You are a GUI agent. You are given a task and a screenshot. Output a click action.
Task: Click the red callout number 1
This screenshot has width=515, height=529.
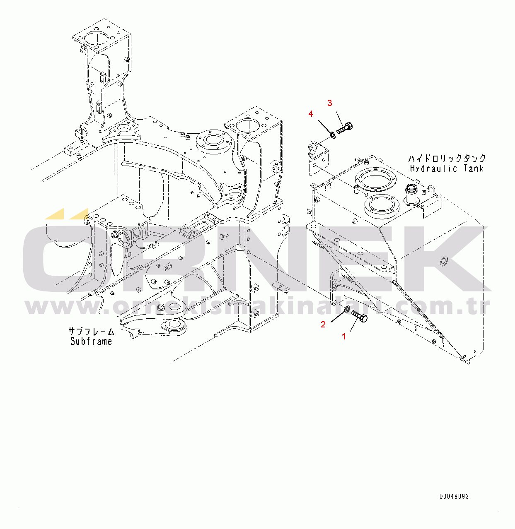[x=343, y=337]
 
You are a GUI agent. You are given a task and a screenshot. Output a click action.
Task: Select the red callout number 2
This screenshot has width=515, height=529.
[x=323, y=324]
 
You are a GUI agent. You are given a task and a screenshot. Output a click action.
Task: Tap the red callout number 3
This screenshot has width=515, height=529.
[x=329, y=103]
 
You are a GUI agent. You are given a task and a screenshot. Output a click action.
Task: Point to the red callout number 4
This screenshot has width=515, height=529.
[x=311, y=114]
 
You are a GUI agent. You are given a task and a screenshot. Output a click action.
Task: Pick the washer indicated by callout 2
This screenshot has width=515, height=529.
[x=348, y=309]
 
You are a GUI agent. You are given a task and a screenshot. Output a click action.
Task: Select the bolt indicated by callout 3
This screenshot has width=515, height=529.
[x=345, y=128]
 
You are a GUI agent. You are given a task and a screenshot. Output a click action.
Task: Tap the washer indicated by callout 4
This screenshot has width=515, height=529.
[x=332, y=134]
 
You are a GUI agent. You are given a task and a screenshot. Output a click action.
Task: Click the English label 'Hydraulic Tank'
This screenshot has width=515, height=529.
[x=447, y=168]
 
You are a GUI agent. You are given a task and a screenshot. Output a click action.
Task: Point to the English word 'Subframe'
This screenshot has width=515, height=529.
[x=91, y=341]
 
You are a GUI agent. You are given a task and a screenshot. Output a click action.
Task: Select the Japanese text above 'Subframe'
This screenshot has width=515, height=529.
[x=91, y=332]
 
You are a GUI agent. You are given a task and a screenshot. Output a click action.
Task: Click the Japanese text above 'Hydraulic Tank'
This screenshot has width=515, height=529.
[x=447, y=159]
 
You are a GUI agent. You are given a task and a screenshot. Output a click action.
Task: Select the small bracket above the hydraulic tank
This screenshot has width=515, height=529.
[x=318, y=158]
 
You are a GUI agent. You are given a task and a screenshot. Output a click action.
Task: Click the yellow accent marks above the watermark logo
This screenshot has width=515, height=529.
[x=67, y=214]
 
